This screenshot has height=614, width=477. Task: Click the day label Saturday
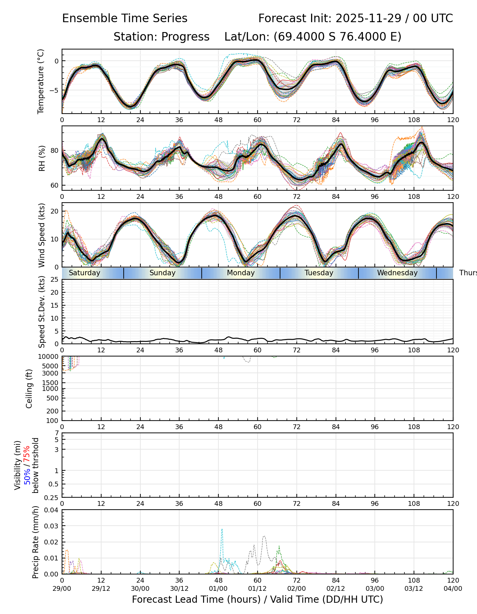(x=84, y=273)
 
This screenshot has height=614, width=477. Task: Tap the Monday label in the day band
(x=241, y=273)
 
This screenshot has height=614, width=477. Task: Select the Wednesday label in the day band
(x=397, y=273)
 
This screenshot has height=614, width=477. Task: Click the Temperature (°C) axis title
(x=41, y=81)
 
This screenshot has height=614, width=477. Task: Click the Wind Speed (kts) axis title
(x=42, y=235)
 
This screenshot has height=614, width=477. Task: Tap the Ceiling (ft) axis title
(x=29, y=389)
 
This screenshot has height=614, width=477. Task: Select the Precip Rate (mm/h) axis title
(x=35, y=542)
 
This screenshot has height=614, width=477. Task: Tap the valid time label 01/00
(x=218, y=588)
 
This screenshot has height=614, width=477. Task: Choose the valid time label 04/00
(x=453, y=588)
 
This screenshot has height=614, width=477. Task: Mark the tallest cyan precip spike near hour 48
(x=222, y=529)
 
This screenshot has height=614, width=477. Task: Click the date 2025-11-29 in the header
(x=369, y=18)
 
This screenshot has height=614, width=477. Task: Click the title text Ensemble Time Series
(x=125, y=18)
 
